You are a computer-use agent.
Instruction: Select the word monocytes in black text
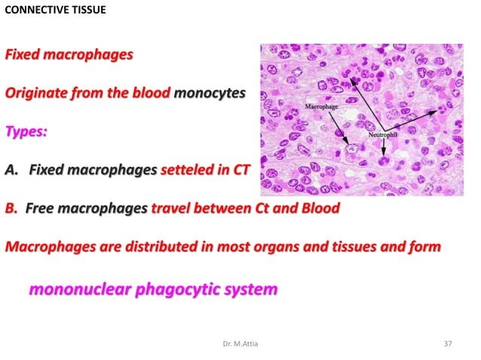[x=210, y=93]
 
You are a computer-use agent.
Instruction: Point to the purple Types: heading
[x=26, y=132]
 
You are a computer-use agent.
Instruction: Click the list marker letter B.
[x=11, y=208]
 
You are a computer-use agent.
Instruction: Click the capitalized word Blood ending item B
[x=320, y=208]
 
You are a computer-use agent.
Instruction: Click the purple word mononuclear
[x=78, y=288]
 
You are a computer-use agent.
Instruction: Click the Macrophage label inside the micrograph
[x=320, y=108]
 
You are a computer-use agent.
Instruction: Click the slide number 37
[x=448, y=344]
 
